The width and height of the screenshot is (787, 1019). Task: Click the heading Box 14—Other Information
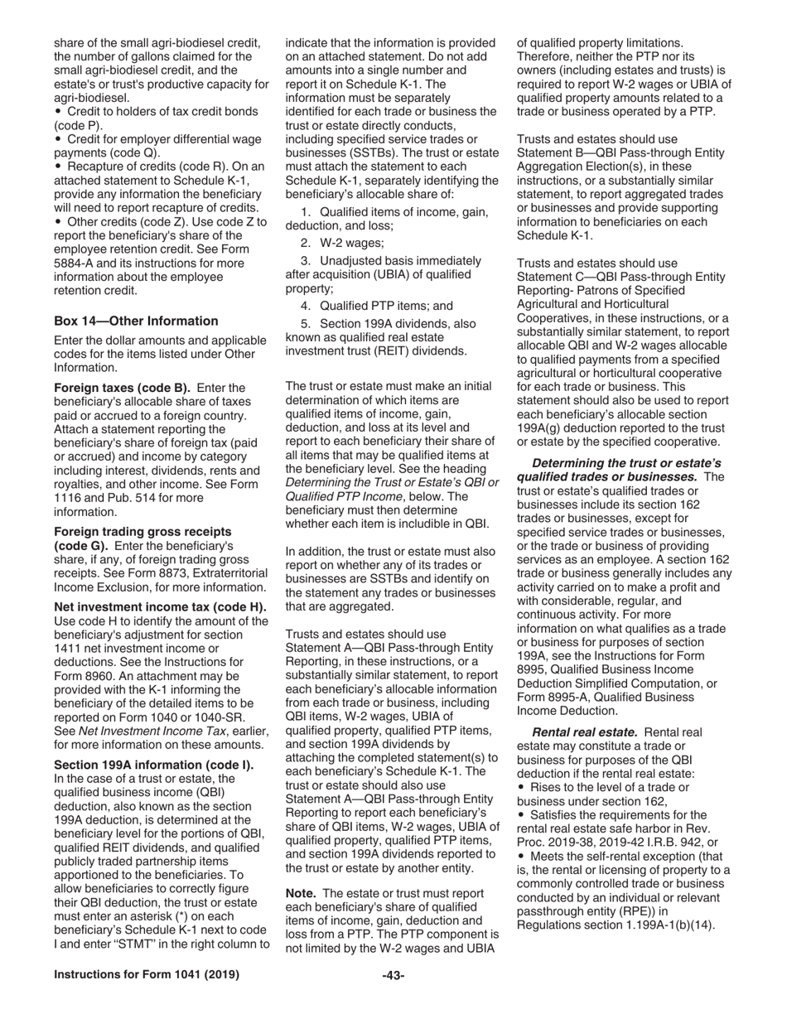coord(136,321)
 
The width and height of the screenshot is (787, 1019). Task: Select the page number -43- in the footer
coord(393,975)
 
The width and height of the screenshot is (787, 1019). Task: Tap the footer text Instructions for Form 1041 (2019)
coord(147,975)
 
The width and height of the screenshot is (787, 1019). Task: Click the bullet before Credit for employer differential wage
coord(58,139)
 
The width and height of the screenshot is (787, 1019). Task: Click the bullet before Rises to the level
coord(522,787)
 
